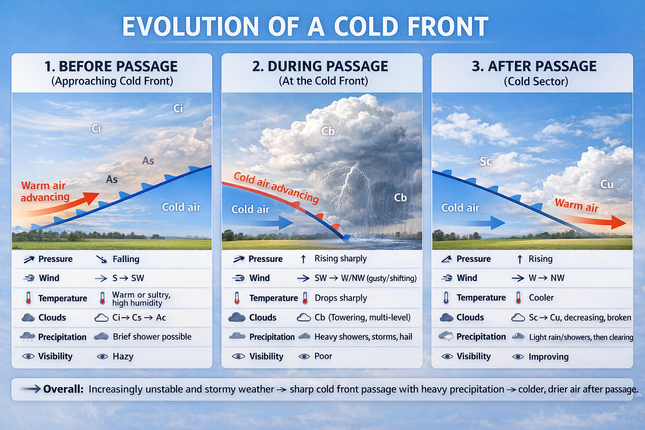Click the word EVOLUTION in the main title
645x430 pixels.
click(x=190, y=26)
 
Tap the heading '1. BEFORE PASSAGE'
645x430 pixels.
click(x=111, y=66)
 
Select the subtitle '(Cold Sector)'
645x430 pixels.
click(x=536, y=81)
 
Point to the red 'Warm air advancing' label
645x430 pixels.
click(x=45, y=191)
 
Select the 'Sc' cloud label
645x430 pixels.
click(x=485, y=162)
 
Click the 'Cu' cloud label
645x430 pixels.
click(x=606, y=184)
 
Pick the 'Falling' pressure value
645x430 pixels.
click(x=126, y=259)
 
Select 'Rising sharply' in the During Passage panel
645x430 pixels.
click(x=341, y=259)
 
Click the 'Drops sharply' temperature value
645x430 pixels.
click(x=341, y=298)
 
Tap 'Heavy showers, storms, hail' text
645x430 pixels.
click(x=363, y=337)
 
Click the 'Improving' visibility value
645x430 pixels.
click(x=548, y=357)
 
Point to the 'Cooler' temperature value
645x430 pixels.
click(x=541, y=298)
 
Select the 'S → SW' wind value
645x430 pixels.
click(x=128, y=278)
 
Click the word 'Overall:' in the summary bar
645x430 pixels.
click(x=63, y=389)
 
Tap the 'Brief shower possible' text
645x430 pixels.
click(x=152, y=337)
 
